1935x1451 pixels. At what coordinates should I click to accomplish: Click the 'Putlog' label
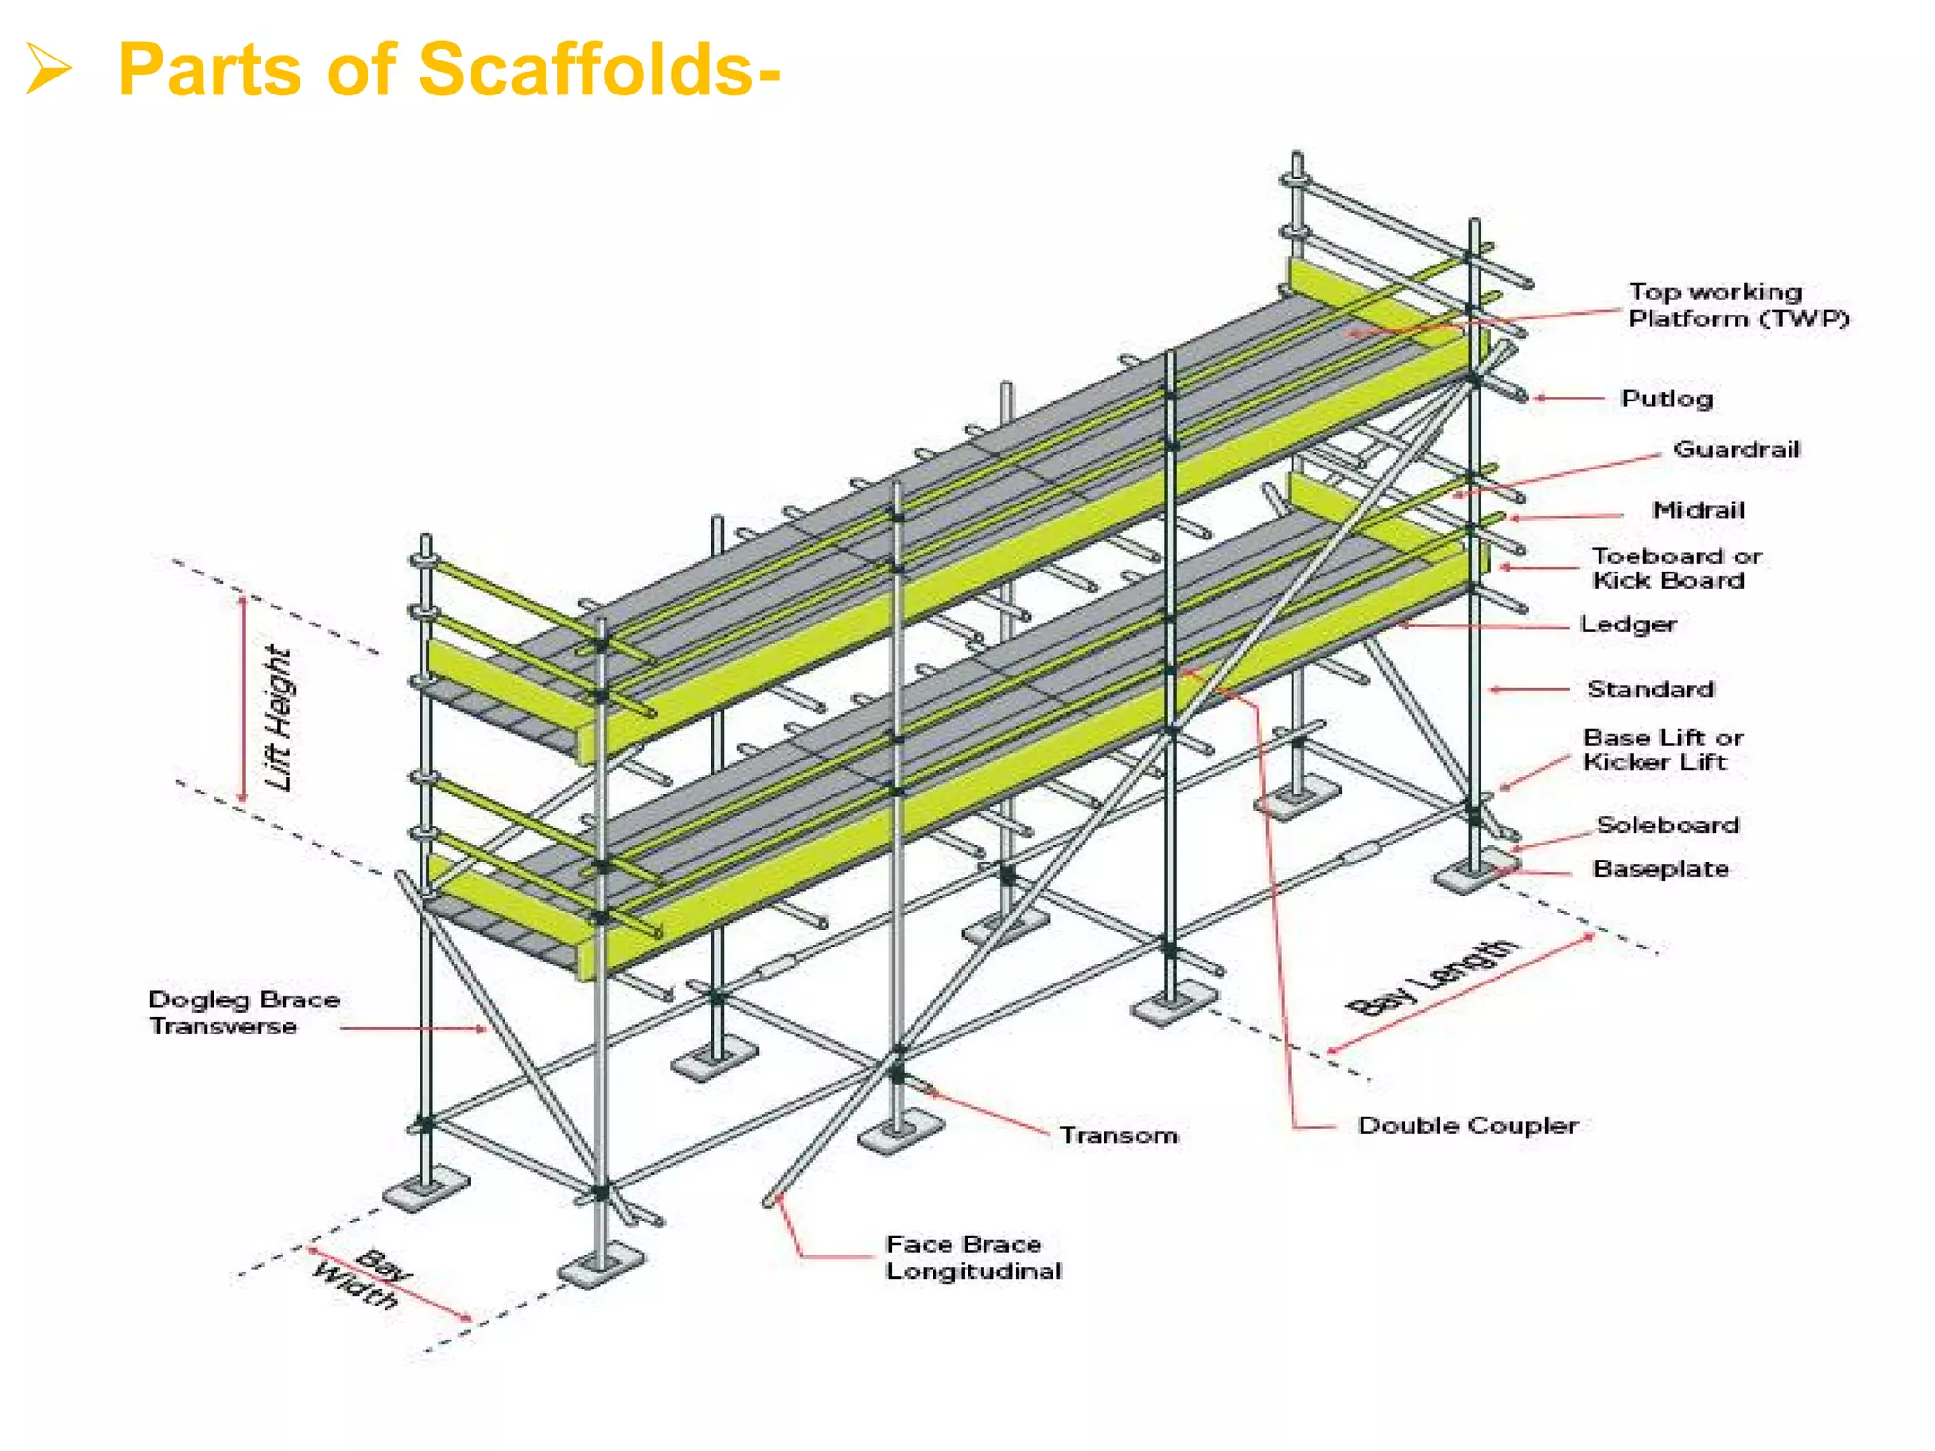pyautogui.click(x=1667, y=399)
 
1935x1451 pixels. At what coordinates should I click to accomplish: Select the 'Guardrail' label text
pyautogui.click(x=1737, y=450)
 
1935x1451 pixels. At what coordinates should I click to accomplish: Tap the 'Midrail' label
pyautogui.click(x=1698, y=510)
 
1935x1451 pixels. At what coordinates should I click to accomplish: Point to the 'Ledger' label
pyautogui.click(x=1628, y=624)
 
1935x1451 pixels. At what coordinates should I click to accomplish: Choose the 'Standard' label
pyautogui.click(x=1651, y=690)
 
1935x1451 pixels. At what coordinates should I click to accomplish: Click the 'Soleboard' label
pyautogui.click(x=1668, y=825)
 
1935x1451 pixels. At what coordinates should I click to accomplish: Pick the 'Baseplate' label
pyautogui.click(x=1661, y=869)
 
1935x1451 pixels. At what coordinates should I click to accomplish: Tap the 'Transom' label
pyautogui.click(x=1119, y=1135)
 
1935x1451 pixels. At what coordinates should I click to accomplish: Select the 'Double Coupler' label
pyautogui.click(x=1467, y=1125)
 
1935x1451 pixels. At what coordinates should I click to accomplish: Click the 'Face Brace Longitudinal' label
pyautogui.click(x=973, y=1257)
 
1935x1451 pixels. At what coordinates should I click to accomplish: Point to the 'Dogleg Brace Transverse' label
pyautogui.click(x=244, y=1013)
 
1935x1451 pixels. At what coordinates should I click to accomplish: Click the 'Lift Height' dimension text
pyautogui.click(x=279, y=718)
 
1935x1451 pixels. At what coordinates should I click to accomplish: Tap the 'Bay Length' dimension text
pyautogui.click(x=1433, y=977)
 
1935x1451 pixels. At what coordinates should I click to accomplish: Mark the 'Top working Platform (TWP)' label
pyautogui.click(x=1737, y=305)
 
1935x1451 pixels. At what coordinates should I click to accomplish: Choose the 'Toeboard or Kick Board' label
pyautogui.click(x=1675, y=568)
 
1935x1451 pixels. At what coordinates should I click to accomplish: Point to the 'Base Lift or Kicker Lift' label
pyautogui.click(x=1662, y=750)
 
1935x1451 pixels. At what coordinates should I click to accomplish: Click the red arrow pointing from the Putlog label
pyautogui.click(x=1568, y=399)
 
